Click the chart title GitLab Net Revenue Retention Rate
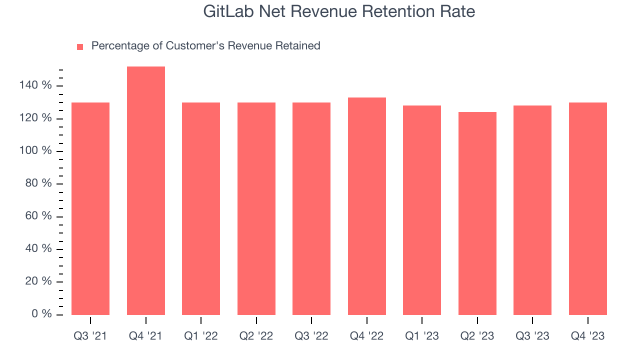[x=339, y=11]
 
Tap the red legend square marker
[x=80, y=47]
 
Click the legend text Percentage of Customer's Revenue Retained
[x=205, y=46]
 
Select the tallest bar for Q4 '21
[x=146, y=190]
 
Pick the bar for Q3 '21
[x=90, y=208]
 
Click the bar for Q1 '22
[x=201, y=208]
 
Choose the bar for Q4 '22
[x=367, y=206]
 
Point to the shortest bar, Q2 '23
[x=477, y=213]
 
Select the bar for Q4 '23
[x=588, y=208]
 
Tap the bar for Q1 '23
[x=422, y=210]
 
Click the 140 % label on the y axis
[x=35, y=85]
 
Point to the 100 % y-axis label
[x=35, y=151]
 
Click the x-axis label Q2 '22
[x=256, y=336]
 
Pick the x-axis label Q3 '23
[x=532, y=336]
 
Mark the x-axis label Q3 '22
[x=311, y=336]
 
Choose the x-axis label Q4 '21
[x=145, y=336]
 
